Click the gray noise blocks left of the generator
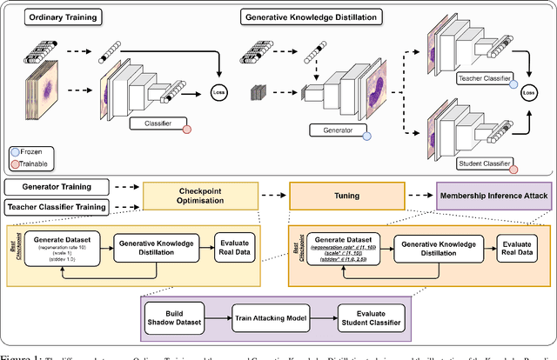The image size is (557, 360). tap(257, 93)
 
